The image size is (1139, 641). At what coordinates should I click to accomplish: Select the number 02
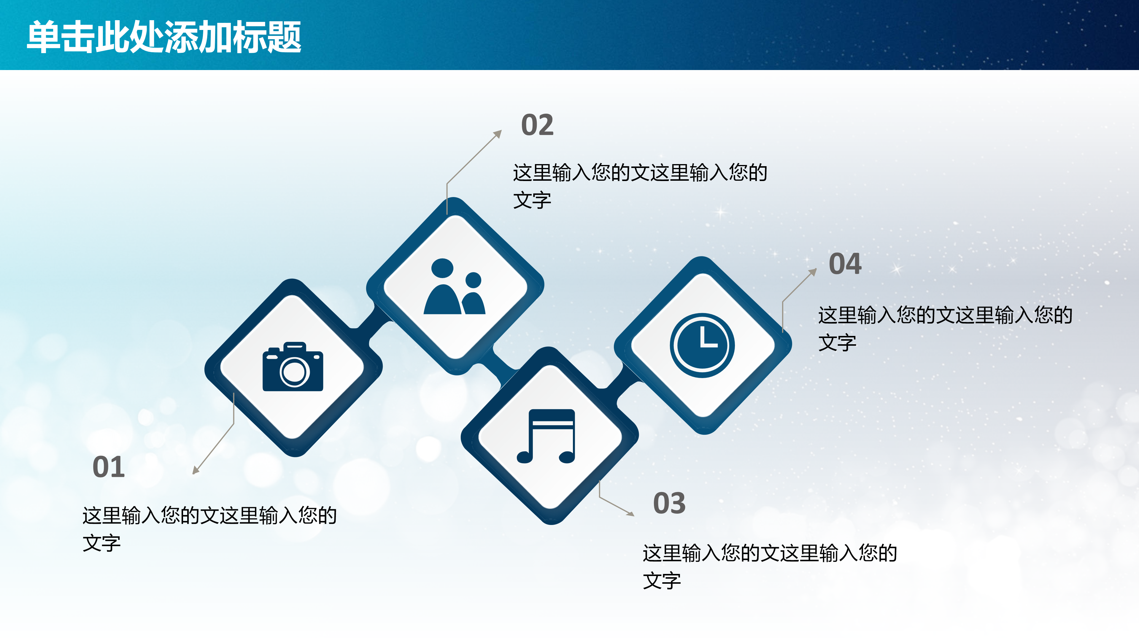pyautogui.click(x=537, y=125)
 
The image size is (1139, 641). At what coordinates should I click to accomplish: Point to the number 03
pyautogui.click(x=669, y=503)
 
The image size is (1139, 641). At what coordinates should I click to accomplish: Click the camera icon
pyautogui.click(x=293, y=367)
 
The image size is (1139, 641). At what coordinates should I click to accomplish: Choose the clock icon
pyautogui.click(x=702, y=345)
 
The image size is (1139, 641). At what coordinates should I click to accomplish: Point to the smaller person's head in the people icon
pyautogui.click(x=473, y=280)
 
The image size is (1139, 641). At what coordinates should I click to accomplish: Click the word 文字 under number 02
pyautogui.click(x=532, y=200)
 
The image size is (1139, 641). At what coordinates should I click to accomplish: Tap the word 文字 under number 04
pyautogui.click(x=837, y=343)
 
